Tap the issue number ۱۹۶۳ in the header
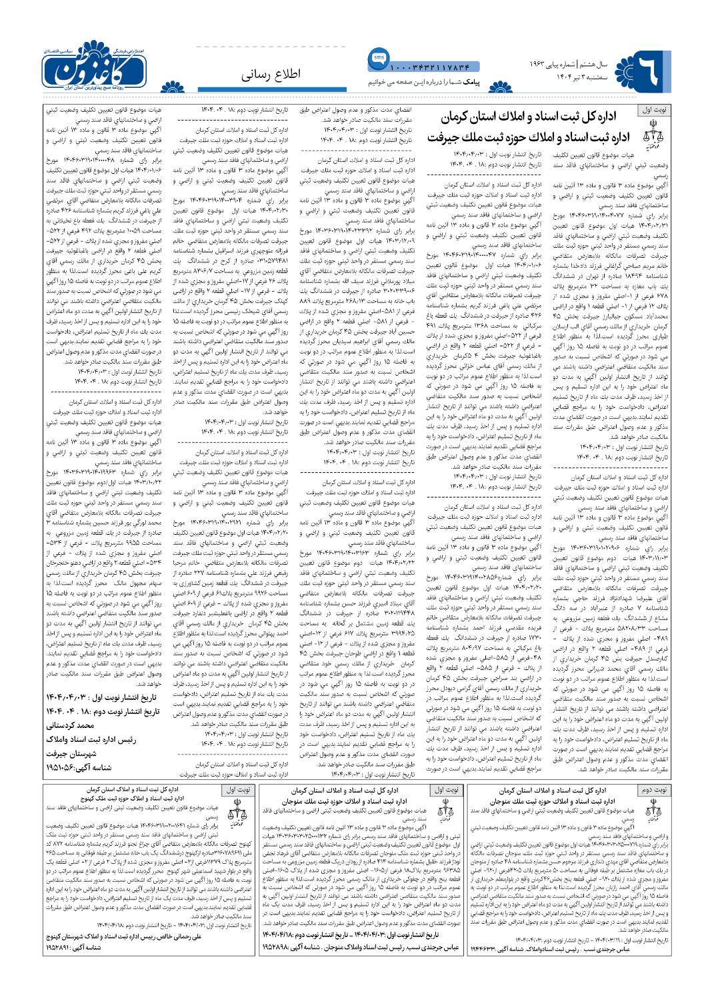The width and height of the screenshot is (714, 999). [534, 65]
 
